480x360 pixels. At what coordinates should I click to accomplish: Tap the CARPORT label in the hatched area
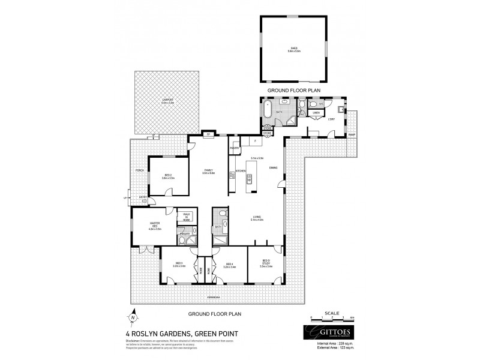point(167,101)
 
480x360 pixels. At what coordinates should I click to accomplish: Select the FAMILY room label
point(208,171)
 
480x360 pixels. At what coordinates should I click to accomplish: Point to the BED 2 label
point(168,176)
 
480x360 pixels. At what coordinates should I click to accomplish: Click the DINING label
point(273,168)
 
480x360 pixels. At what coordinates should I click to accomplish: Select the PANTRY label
point(235,146)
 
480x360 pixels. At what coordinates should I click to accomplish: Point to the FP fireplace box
point(208,134)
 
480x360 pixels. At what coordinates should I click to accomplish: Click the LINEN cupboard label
point(316,113)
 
